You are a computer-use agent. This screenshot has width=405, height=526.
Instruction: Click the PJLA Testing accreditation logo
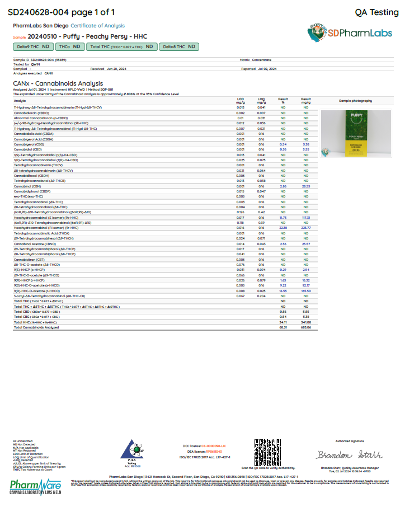[132, 453]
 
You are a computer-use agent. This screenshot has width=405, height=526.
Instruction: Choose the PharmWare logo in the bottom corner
[36, 485]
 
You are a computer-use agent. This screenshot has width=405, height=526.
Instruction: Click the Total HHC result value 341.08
[305, 322]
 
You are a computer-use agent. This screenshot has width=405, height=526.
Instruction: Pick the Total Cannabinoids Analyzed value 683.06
[305, 327]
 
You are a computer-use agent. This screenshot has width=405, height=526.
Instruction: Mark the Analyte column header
[20, 101]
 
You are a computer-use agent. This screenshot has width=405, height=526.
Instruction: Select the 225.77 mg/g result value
[305, 228]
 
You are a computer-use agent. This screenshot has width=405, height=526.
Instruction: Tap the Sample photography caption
[352, 101]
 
